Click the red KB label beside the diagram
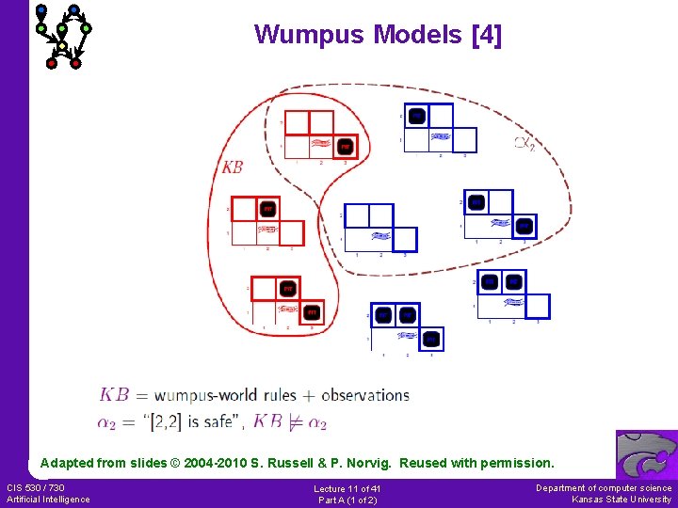232,167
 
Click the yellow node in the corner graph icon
61,45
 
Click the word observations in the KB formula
365,395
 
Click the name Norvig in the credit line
405,463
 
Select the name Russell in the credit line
343,463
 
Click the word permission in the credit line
517,463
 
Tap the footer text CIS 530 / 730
36,487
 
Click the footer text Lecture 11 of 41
347,488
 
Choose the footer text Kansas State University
621,500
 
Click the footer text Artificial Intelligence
48,499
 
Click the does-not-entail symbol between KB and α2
295,421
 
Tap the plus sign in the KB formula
309,395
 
